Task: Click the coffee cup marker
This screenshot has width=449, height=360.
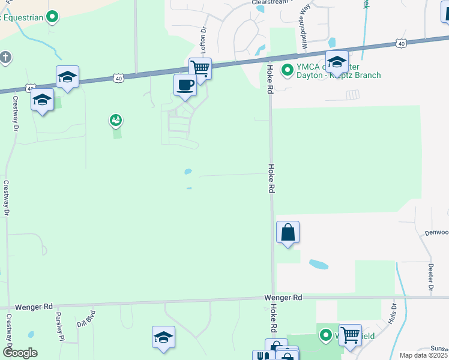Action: click(x=185, y=84)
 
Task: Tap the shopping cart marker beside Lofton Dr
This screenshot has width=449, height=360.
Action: click(x=200, y=68)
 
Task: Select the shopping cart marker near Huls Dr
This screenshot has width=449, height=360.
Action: click(x=350, y=335)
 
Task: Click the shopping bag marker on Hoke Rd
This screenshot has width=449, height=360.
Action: click(x=288, y=232)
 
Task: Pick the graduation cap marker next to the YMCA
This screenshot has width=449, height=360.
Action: click(x=337, y=61)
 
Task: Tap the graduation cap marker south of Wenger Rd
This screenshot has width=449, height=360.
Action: click(x=163, y=337)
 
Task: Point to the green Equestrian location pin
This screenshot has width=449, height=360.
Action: click(x=52, y=17)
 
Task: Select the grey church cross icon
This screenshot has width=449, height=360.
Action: click(x=5, y=58)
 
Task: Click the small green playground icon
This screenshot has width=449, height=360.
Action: click(x=116, y=121)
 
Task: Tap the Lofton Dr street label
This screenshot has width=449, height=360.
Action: click(x=203, y=37)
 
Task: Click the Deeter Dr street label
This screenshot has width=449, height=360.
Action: click(x=431, y=277)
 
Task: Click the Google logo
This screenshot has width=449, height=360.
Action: click(x=20, y=353)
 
